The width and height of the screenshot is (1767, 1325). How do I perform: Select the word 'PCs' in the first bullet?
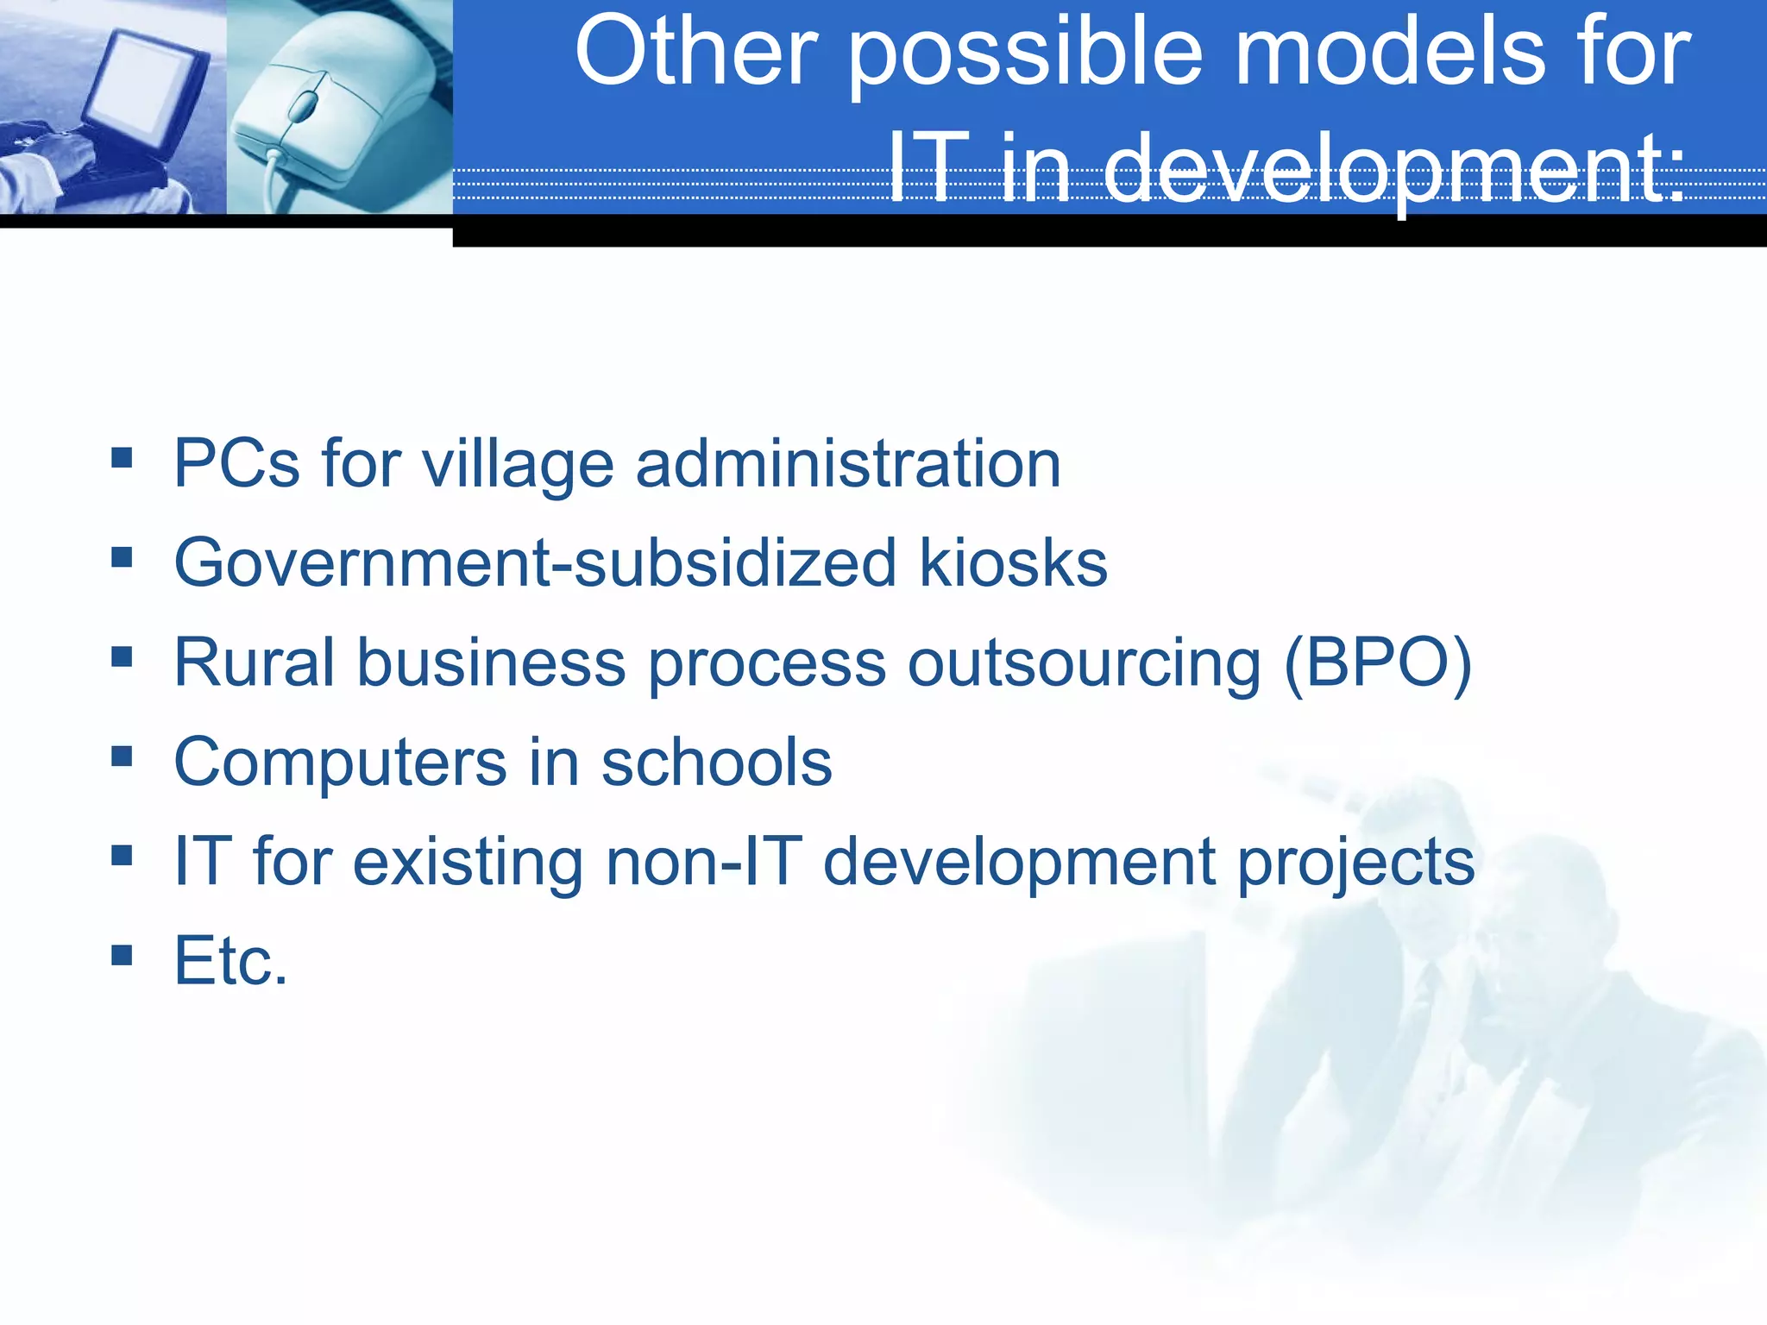pos(236,464)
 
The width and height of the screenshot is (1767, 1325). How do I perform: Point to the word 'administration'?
pos(848,464)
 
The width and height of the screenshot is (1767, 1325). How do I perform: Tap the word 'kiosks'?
pos(1013,564)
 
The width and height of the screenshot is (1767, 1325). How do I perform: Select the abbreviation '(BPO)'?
pos(1378,663)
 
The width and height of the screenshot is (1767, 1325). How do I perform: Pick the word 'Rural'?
pos(254,663)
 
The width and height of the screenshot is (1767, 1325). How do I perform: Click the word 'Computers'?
pos(340,763)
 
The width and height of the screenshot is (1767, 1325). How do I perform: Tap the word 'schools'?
pos(716,763)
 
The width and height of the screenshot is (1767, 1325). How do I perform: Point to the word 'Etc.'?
pos(230,961)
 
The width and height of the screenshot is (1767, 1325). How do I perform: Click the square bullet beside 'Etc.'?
pos(122,955)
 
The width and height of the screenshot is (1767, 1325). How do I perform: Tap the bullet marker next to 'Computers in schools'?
pos(122,757)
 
